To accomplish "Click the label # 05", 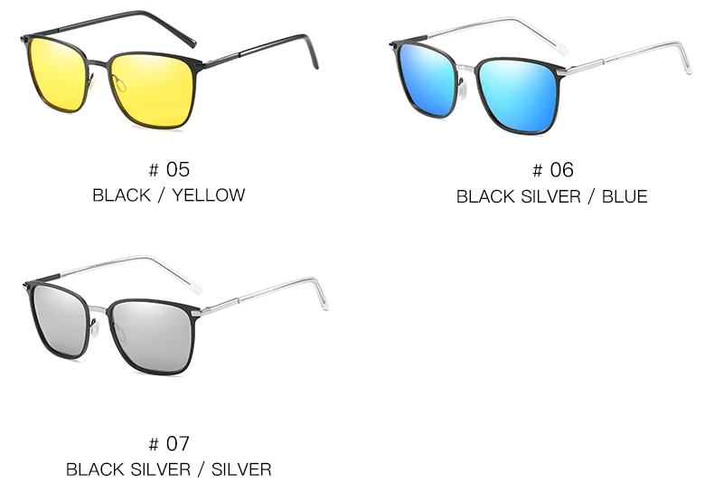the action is click(x=169, y=169).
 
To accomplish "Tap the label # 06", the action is click(x=552, y=170).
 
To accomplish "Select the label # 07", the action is click(x=169, y=443).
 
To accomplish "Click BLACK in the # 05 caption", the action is click(x=121, y=195).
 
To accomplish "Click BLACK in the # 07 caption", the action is click(x=95, y=469).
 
